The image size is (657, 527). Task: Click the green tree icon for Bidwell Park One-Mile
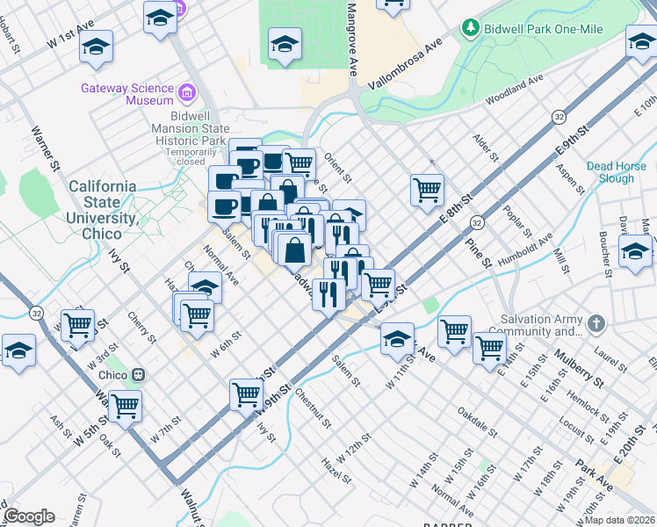click(472, 29)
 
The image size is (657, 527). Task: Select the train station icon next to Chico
click(138, 374)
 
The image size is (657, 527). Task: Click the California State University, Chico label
click(102, 211)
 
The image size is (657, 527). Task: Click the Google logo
click(28, 516)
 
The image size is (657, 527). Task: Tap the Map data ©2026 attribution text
click(619, 520)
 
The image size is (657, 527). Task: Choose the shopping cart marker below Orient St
click(427, 189)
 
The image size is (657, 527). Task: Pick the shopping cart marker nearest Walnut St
click(126, 406)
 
